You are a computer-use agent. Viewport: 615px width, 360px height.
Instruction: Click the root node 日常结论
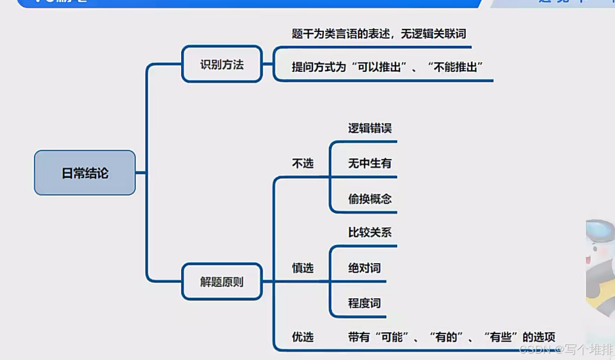[x=85, y=173]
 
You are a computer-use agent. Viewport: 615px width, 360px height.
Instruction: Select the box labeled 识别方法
[x=222, y=64]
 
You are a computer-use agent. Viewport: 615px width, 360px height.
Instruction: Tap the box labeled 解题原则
[x=222, y=282]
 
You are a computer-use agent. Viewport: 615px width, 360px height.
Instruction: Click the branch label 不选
[x=303, y=163]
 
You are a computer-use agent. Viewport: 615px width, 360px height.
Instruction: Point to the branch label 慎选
[x=303, y=268]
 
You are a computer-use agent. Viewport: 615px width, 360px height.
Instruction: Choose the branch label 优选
[x=303, y=337]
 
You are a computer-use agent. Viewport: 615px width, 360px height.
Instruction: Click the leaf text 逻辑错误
[x=369, y=128]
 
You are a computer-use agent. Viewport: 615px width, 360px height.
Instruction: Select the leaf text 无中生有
[x=369, y=163]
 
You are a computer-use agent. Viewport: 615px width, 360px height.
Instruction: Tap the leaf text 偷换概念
[x=369, y=198]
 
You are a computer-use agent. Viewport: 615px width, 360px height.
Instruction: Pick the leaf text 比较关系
[x=369, y=232]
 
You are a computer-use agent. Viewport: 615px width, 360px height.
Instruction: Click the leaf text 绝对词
[x=364, y=268]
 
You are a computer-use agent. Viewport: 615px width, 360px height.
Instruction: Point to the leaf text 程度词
[x=364, y=303]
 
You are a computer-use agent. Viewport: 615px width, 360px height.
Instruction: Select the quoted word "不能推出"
[x=455, y=67]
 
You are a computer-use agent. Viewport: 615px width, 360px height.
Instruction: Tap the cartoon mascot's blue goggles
[x=601, y=231]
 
